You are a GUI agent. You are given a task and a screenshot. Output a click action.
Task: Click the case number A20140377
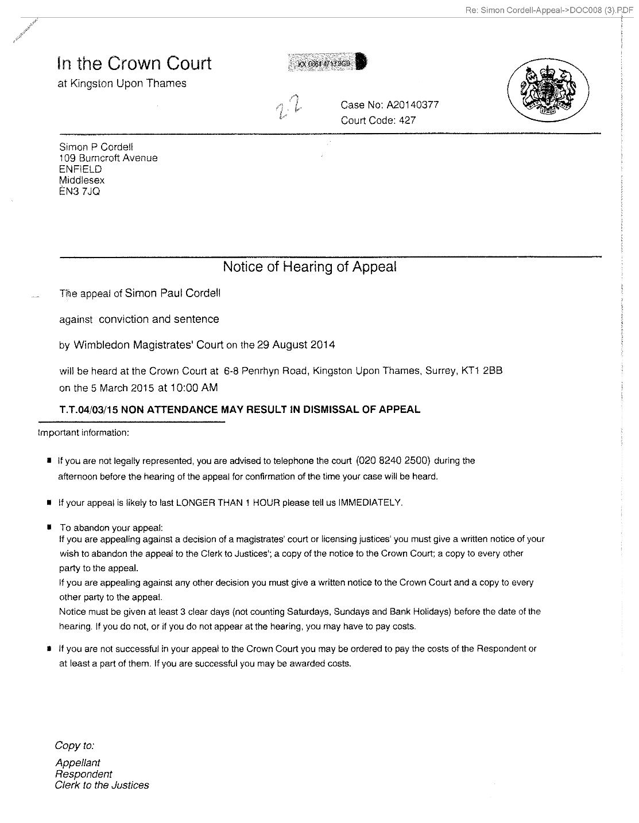click(412, 105)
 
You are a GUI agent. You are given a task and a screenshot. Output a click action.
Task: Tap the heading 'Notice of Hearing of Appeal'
click(309, 267)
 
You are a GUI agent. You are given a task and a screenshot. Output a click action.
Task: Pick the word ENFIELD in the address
click(80, 169)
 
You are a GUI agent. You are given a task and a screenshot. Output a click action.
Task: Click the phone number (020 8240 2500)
click(393, 461)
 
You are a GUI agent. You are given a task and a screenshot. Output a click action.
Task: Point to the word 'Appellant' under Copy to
click(78, 763)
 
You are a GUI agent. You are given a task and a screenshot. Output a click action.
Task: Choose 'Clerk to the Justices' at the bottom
click(102, 786)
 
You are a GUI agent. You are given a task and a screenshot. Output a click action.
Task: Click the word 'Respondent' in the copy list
click(83, 774)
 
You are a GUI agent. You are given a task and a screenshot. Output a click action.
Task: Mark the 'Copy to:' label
click(74, 746)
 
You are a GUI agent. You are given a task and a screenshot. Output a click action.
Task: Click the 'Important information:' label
click(83, 433)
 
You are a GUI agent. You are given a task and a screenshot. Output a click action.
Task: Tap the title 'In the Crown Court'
click(134, 63)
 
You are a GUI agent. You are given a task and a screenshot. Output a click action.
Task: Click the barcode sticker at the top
click(327, 63)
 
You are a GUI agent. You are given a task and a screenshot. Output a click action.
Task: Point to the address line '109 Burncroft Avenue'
click(109, 158)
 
